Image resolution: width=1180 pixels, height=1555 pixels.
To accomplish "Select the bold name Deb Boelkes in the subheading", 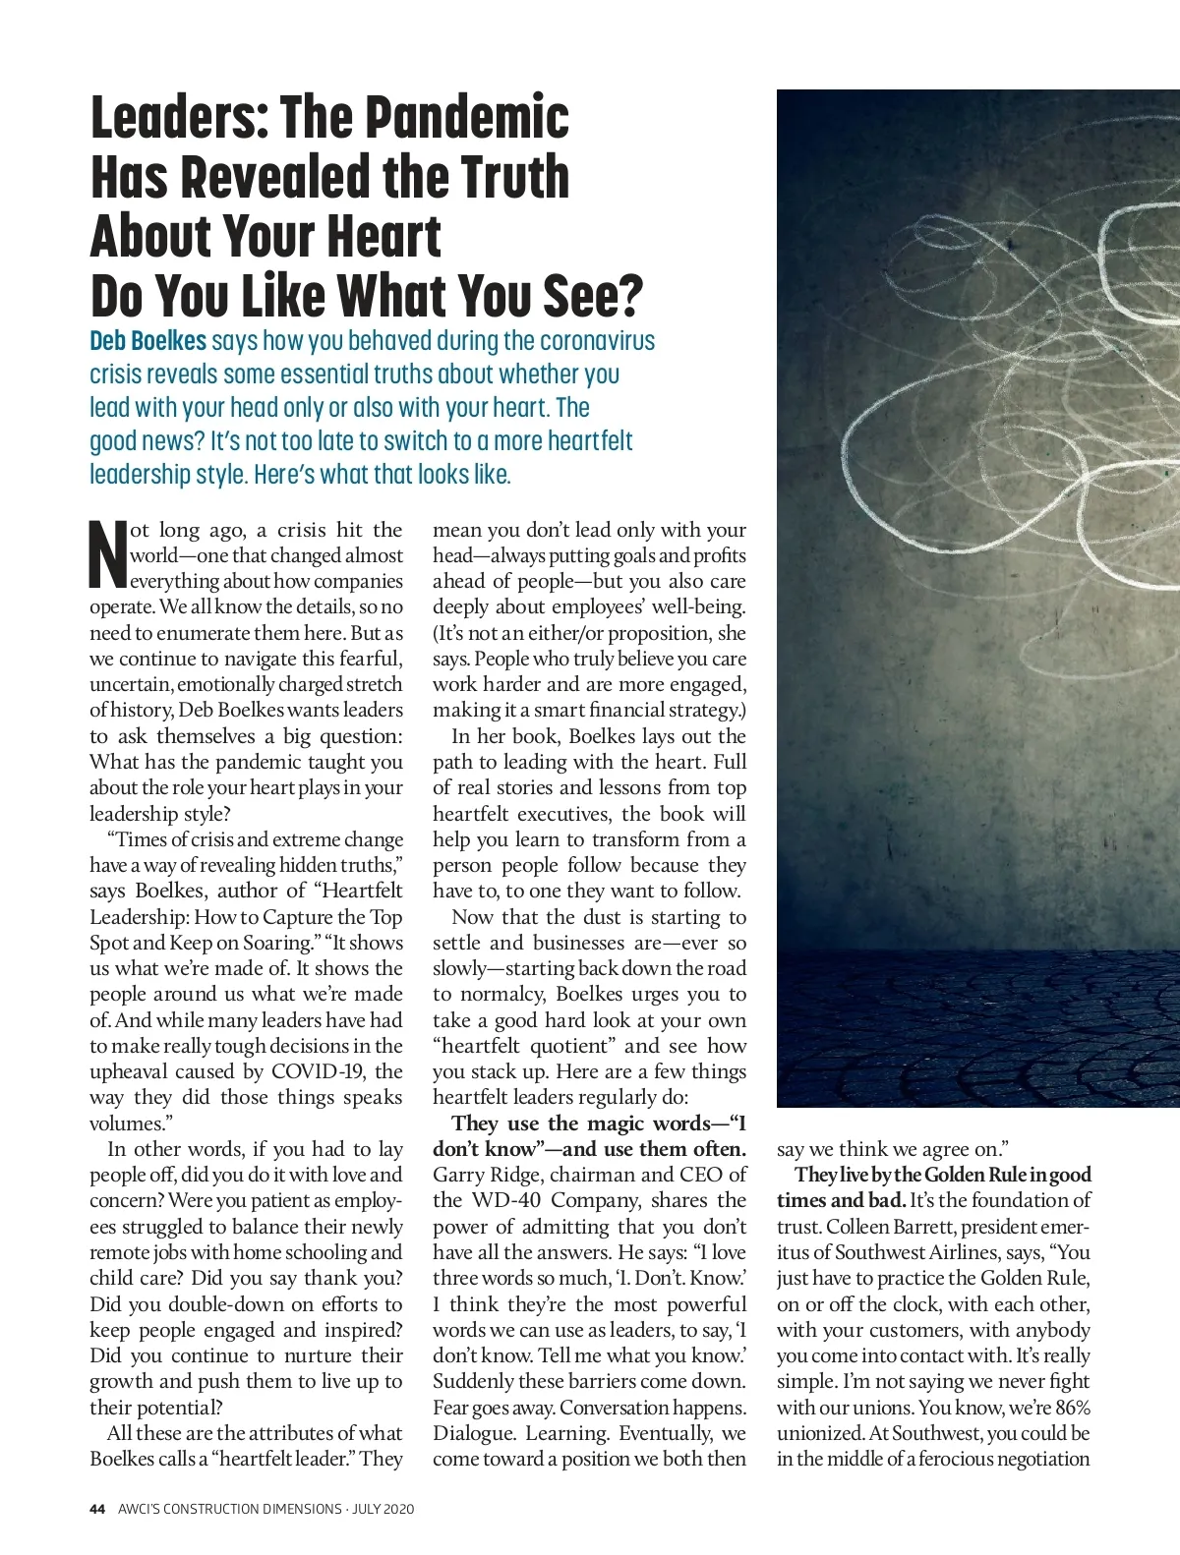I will click(x=147, y=341).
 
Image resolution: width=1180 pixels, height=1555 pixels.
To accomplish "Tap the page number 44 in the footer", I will click(x=97, y=1508).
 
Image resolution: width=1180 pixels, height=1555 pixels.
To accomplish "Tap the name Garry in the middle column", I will click(x=457, y=1175).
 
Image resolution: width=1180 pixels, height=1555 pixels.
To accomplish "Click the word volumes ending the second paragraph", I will click(x=125, y=1123).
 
